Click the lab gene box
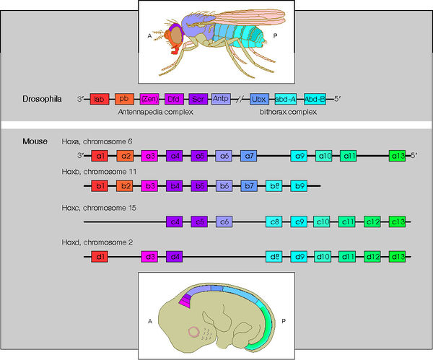100,99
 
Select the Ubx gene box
259,99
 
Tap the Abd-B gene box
315,99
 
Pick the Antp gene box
222,99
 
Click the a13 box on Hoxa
398,155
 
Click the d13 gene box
398,256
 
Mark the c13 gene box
398,221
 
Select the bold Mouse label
36,141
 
